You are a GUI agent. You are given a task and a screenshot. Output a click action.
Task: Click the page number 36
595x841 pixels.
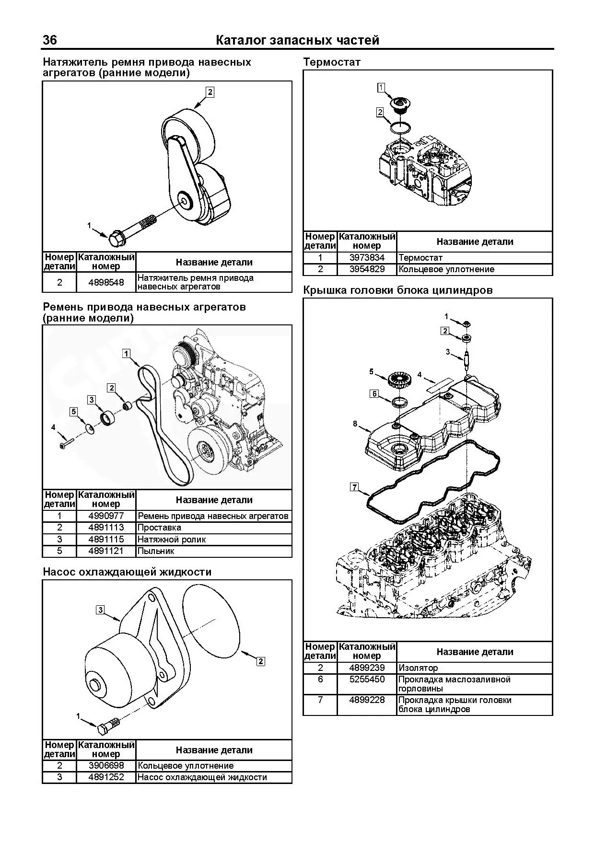50,40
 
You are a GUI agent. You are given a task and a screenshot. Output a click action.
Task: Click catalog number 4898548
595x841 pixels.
106,282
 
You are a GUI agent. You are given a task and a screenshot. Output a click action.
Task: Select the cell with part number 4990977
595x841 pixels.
106,516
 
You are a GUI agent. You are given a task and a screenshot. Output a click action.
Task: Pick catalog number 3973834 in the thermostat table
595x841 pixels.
367,258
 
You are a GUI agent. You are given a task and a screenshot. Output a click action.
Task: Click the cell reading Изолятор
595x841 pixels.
418,668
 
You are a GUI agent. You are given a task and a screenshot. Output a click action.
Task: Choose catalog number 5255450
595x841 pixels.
367,680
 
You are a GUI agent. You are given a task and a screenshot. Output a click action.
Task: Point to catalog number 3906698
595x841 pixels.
106,766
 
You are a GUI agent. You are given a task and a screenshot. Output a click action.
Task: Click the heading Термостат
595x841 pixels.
332,62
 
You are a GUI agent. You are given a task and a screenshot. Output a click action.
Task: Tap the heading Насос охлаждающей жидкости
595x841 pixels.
127,572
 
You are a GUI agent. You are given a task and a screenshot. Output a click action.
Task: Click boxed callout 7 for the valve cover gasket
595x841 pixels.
354,487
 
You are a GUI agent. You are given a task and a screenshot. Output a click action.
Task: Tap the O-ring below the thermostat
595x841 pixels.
399,127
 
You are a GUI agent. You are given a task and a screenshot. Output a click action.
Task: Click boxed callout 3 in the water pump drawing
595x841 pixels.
100,610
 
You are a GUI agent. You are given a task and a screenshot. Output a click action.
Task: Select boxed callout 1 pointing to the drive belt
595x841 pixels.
126,354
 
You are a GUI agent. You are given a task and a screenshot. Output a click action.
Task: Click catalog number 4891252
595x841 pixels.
106,777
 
